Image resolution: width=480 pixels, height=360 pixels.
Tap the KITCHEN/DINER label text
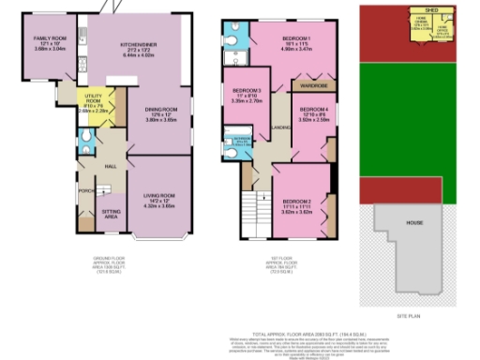137,44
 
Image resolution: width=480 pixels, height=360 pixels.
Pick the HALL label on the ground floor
110,166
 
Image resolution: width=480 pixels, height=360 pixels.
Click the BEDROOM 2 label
296,201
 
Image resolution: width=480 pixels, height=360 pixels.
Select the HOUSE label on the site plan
413,223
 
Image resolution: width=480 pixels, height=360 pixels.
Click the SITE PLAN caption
410,317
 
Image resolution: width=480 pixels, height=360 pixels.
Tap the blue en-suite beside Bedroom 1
234,39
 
